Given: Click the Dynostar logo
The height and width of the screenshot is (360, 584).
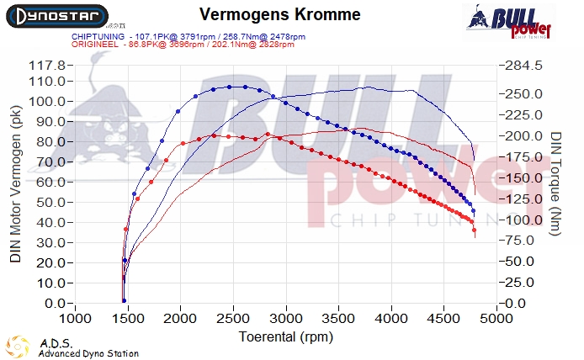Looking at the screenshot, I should (x=55, y=16).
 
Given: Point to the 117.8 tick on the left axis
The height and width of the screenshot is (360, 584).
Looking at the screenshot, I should (x=47, y=65).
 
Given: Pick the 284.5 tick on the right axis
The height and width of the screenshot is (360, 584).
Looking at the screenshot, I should (x=522, y=65).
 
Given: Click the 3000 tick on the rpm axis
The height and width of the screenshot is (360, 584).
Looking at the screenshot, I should (x=286, y=320).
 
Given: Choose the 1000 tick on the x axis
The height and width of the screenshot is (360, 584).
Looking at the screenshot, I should (x=76, y=320).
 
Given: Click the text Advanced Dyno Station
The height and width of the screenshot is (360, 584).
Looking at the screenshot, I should (x=88, y=353).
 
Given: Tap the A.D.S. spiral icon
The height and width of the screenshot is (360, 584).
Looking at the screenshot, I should (x=19, y=346).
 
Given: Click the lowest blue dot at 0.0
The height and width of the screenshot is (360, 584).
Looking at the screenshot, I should (x=124, y=300).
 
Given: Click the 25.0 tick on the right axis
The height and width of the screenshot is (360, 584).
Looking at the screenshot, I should (x=519, y=283).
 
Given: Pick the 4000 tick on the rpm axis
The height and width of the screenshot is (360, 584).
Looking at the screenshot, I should (x=391, y=320).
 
